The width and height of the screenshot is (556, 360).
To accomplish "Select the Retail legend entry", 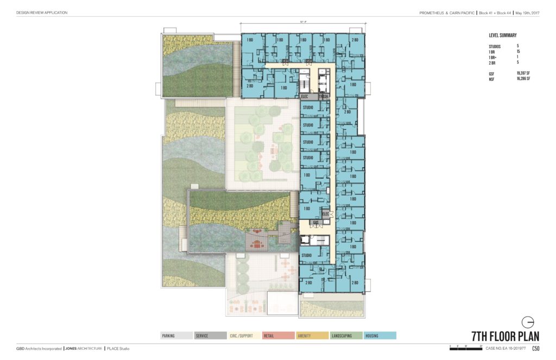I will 278,336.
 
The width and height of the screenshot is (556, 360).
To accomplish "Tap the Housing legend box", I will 380,336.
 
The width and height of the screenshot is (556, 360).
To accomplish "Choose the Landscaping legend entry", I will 346,336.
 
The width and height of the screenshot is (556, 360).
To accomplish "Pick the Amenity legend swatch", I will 312,336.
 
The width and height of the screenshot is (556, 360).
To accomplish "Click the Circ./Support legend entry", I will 244,336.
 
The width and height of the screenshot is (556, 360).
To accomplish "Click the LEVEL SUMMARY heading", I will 503,35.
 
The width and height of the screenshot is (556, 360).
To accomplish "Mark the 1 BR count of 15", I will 518,52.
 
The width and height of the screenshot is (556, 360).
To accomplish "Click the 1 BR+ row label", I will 493,57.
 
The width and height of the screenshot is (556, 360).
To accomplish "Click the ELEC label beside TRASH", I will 306,97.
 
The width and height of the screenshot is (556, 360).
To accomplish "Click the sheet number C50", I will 535,349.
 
